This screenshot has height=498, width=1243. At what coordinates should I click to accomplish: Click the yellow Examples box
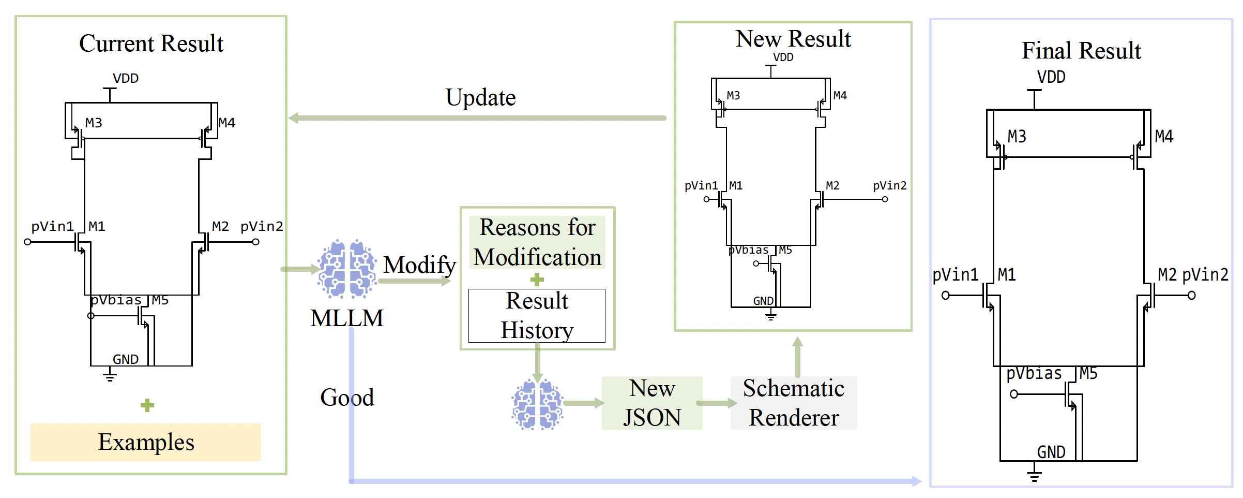point(145,442)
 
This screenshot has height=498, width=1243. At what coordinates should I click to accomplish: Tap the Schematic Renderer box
point(793,403)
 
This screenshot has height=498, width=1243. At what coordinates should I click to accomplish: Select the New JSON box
point(651,403)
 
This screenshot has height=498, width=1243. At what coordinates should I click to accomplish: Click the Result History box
point(537,316)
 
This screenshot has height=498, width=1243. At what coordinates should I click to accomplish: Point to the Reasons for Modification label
point(537,242)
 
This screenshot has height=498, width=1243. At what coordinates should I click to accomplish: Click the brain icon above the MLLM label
point(347,269)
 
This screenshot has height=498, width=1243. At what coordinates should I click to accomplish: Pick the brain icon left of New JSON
point(537,404)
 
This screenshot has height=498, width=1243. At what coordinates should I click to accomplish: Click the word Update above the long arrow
point(480,97)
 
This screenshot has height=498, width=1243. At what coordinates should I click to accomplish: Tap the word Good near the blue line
point(347,398)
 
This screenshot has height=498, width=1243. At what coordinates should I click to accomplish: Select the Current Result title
point(151,43)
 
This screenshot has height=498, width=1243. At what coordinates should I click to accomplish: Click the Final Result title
point(1081,51)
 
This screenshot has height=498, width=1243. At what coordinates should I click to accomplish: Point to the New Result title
point(793,39)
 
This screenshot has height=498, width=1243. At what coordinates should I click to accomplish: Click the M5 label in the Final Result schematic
point(1088,373)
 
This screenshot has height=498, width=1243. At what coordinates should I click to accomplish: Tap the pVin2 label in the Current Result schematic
point(262,226)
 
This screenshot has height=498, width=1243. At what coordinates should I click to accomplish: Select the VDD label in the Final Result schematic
point(1051,77)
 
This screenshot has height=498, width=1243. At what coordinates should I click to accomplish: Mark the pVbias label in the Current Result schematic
point(116,300)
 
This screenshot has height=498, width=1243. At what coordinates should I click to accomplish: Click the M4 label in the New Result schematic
point(840,95)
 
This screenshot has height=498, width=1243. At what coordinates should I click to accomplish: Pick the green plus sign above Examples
point(147,405)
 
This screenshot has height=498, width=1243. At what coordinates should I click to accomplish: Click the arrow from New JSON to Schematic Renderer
point(716,403)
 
